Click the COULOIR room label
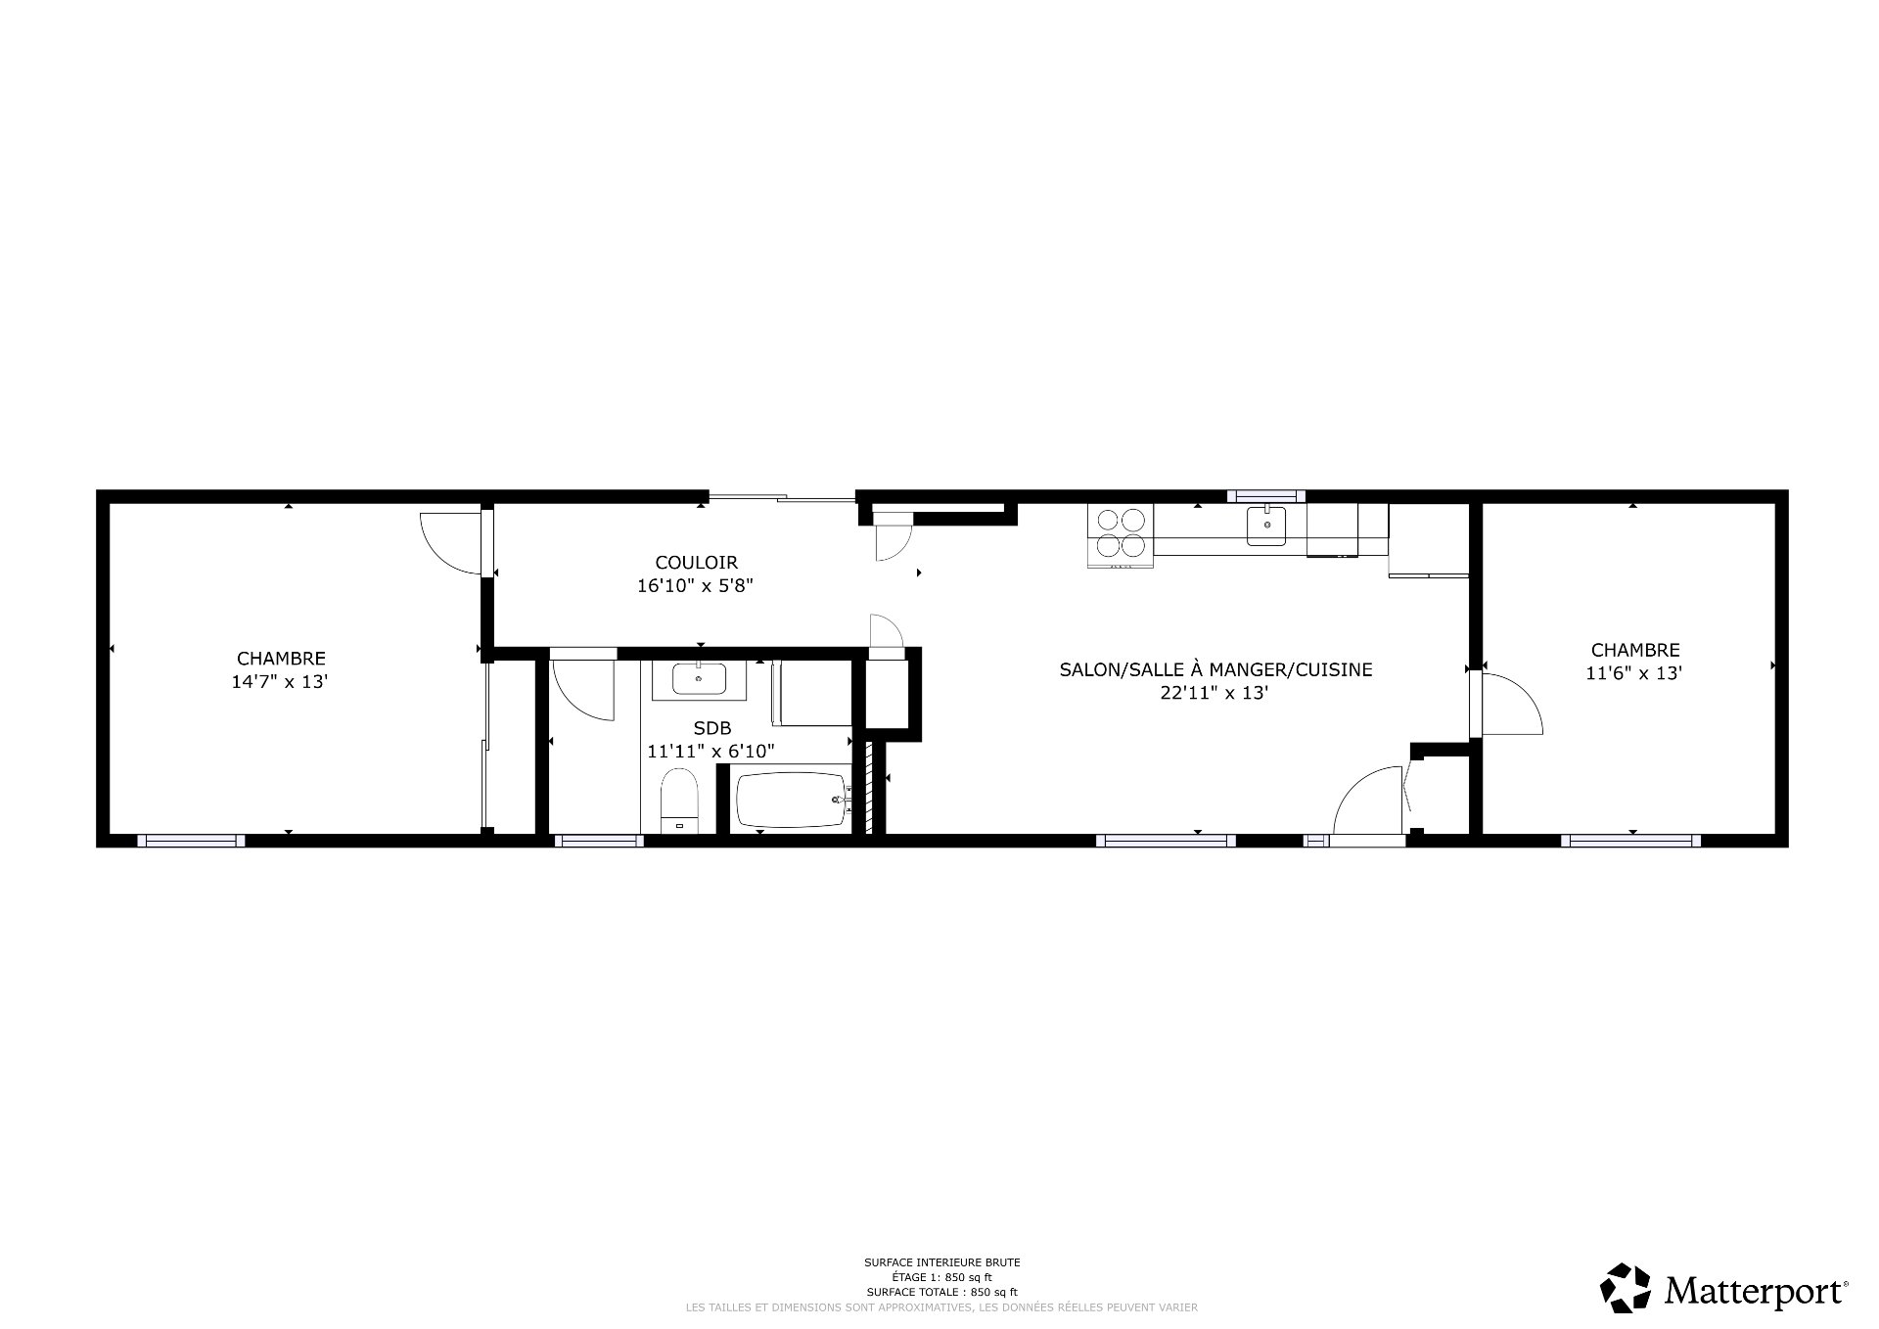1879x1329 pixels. (x=696, y=563)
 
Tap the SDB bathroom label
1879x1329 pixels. (x=711, y=728)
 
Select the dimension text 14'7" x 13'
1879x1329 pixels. (x=280, y=682)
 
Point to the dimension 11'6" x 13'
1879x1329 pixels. (x=1634, y=673)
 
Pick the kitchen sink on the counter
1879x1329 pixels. (x=1266, y=526)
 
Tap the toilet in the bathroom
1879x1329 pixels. (x=678, y=800)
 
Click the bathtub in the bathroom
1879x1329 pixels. (x=791, y=802)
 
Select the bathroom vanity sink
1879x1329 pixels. (x=700, y=677)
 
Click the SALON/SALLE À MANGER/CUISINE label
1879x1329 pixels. (x=1215, y=670)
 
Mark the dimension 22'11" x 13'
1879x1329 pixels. (x=1215, y=694)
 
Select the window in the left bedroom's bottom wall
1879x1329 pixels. (x=191, y=841)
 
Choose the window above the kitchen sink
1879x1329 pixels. (x=1265, y=495)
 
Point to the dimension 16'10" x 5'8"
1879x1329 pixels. (x=696, y=586)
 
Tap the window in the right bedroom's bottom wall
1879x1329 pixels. (x=1630, y=841)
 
